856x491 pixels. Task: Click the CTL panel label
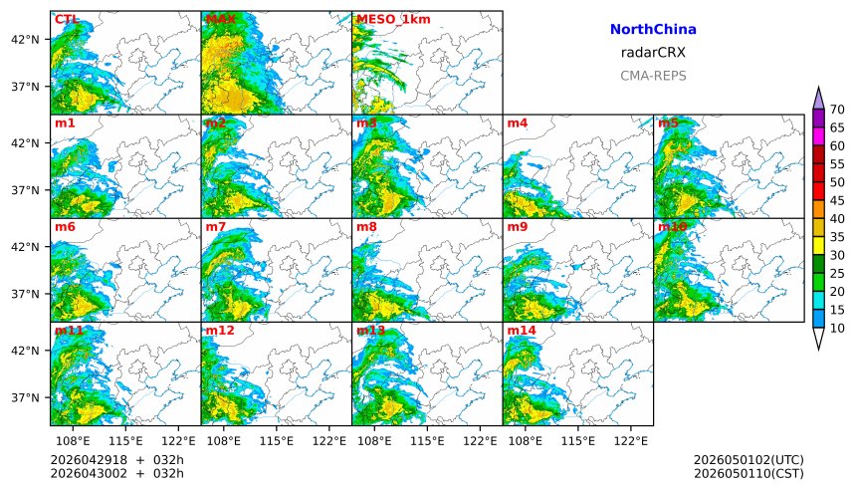[67, 19]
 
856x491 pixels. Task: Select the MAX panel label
[218, 19]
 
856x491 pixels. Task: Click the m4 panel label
[517, 123]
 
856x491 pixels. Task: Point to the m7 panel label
[215, 227]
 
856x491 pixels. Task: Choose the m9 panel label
[517, 227]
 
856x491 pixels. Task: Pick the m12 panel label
[219, 330]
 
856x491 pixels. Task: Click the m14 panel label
[521, 330]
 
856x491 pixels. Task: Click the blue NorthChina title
[653, 30]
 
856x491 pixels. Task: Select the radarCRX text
[653, 53]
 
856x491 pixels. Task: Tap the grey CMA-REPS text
[653, 76]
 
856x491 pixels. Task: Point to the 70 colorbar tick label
[837, 110]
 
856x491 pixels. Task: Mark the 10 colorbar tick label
[837, 328]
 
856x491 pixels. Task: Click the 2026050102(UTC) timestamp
[749, 459]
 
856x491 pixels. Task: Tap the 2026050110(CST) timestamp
[749, 473]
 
